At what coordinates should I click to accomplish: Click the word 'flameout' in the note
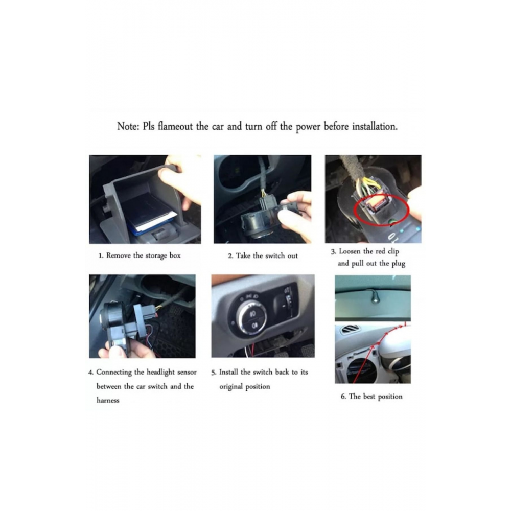[175, 127]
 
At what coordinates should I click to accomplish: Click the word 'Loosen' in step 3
[352, 251]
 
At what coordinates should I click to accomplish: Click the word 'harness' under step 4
[108, 400]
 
